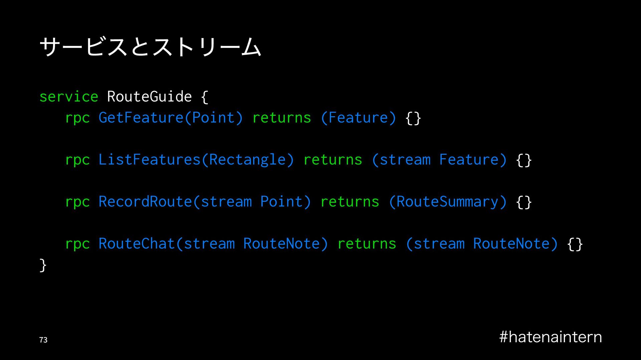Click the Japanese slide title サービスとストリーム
pyautogui.click(x=150, y=47)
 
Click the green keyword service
pyautogui.click(x=69, y=97)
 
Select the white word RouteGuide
pyautogui.click(x=149, y=97)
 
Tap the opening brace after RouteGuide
pyautogui.click(x=205, y=97)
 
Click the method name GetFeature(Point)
pyautogui.click(x=171, y=118)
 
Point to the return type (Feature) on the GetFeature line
pyautogui.click(x=358, y=118)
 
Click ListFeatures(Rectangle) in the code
pyautogui.click(x=196, y=160)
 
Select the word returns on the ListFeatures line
pyautogui.click(x=333, y=160)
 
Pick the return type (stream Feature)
pyautogui.click(x=439, y=160)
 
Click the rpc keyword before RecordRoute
pyautogui.click(x=77, y=202)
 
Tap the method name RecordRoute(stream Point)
pyautogui.click(x=205, y=202)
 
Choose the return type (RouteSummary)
pyautogui.click(x=448, y=202)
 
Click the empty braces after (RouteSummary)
pyautogui.click(x=524, y=202)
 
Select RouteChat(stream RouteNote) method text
pyautogui.click(x=213, y=244)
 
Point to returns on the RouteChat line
pyautogui.click(x=367, y=244)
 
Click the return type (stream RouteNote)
pyautogui.click(x=482, y=244)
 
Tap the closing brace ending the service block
pyautogui.click(x=43, y=265)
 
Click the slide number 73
pyautogui.click(x=43, y=340)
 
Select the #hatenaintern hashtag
pyautogui.click(x=551, y=337)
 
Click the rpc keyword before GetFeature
pyautogui.click(x=77, y=118)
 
